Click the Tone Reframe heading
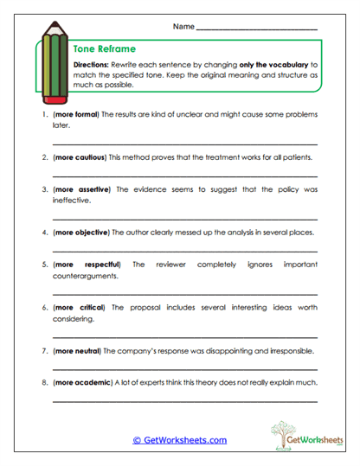coord(105,49)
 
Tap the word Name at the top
coord(183,28)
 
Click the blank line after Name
coord(257,30)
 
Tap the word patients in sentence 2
coord(295,158)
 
